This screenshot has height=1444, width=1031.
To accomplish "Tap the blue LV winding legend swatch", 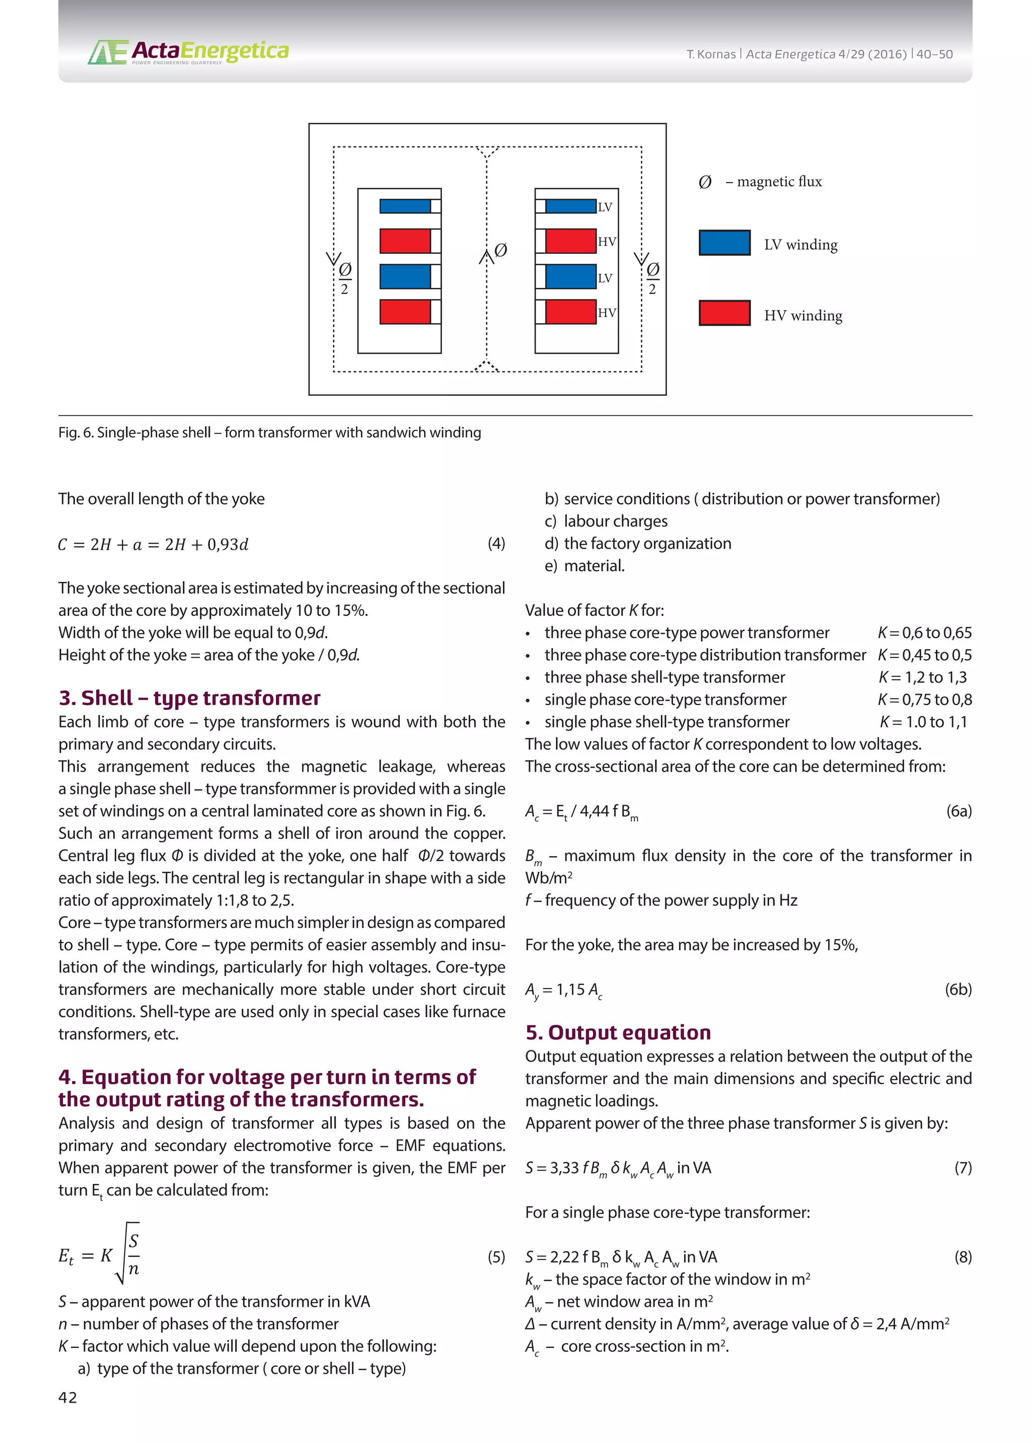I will (724, 243).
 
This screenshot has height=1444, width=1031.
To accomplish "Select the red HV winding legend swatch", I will (724, 313).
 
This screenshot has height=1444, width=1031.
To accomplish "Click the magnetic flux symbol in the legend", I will (705, 182).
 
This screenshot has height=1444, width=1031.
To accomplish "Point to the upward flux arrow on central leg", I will (486, 256).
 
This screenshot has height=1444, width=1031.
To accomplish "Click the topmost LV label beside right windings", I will (605, 207).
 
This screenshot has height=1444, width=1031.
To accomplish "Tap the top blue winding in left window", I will (405, 206).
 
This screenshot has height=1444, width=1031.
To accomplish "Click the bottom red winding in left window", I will (405, 312).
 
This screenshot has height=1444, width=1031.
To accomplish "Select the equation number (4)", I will (496, 544).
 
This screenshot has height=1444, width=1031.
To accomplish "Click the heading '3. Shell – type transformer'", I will (189, 698).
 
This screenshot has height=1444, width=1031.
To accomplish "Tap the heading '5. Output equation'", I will (618, 1032).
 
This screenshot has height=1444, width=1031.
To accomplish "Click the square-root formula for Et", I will (100, 1255).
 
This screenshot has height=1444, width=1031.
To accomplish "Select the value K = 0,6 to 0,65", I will (924, 633).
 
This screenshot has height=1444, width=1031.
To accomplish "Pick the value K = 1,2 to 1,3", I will (922, 677).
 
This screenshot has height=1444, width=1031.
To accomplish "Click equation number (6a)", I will (959, 811).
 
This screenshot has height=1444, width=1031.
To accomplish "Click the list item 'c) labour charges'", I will (606, 521).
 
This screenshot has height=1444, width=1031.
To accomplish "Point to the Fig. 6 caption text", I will (269, 433).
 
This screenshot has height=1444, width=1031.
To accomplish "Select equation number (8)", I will (963, 1257).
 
